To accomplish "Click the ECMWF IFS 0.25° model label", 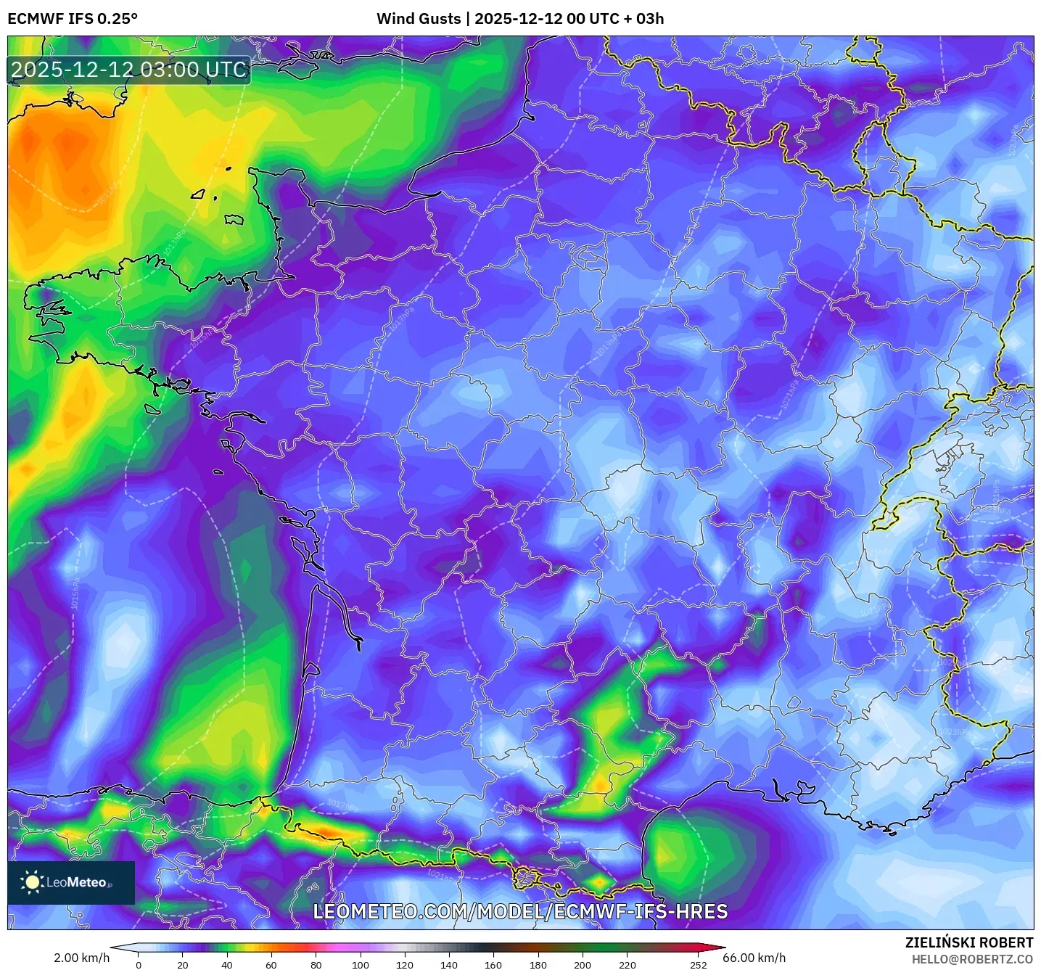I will (x=73, y=18).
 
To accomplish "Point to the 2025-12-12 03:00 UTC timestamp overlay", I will (x=128, y=70).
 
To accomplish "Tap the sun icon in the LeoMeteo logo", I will (x=32, y=882).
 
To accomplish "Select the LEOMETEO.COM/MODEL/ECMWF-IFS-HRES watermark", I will (x=520, y=911).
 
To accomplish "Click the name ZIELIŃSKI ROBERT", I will (x=968, y=942).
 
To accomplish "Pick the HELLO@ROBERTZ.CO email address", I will (x=971, y=959).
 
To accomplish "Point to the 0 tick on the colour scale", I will (x=139, y=964).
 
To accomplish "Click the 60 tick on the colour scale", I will (x=271, y=964).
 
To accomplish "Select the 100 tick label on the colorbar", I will (x=361, y=964).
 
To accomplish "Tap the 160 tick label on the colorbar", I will (x=493, y=964).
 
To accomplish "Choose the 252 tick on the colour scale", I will (x=698, y=964).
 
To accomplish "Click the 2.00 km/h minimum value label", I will (x=81, y=958).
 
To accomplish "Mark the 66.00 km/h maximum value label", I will (x=754, y=958).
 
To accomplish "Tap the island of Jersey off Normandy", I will (x=234, y=219).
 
